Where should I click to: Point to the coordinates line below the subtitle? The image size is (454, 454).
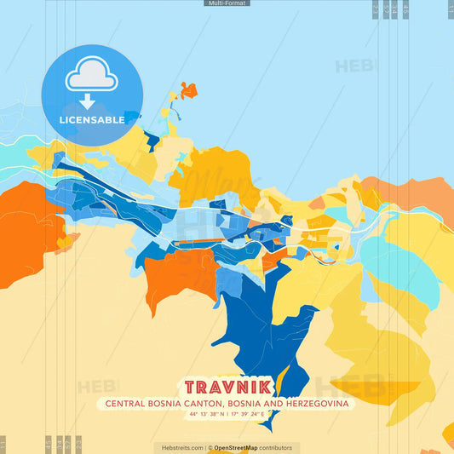[x=227, y=415]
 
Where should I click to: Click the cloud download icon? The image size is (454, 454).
[x=91, y=76]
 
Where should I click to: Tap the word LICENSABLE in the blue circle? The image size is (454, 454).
[x=91, y=120]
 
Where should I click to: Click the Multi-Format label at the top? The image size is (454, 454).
[x=227, y=3]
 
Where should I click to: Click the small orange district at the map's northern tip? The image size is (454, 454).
[x=188, y=89]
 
